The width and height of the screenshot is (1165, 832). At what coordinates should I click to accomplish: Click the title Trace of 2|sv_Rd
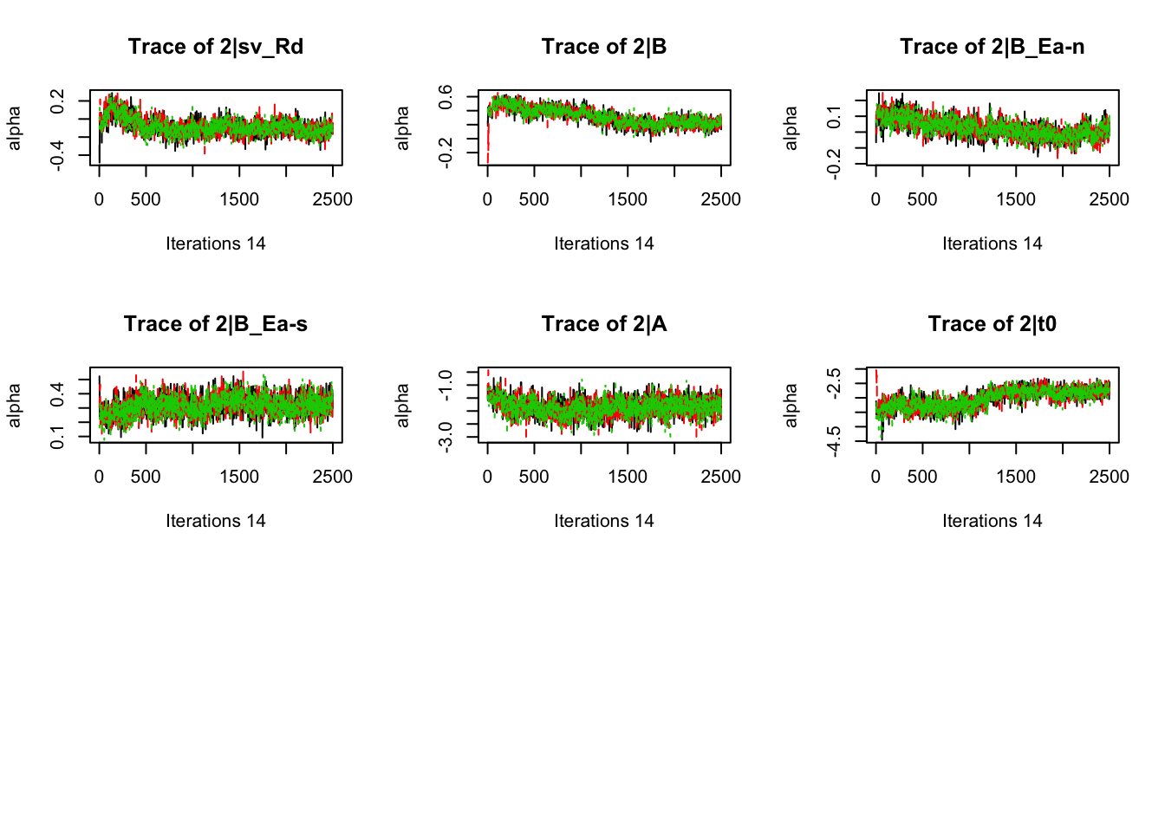pyautogui.click(x=216, y=47)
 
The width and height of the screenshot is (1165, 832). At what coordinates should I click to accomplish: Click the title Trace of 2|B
pyautogui.click(x=604, y=47)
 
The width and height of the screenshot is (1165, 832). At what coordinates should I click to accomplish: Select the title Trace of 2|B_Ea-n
pyautogui.click(x=992, y=47)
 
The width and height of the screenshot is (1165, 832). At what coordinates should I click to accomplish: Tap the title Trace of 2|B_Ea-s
pyautogui.click(x=216, y=324)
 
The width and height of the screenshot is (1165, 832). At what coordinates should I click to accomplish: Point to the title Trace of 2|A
pyautogui.click(x=604, y=324)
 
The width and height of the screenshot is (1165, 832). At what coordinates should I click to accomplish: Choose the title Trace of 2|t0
pyautogui.click(x=992, y=324)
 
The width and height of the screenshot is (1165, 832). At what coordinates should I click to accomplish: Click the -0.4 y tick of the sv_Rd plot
pyautogui.click(x=57, y=156)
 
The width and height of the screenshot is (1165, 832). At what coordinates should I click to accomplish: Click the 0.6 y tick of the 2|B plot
pyautogui.click(x=446, y=97)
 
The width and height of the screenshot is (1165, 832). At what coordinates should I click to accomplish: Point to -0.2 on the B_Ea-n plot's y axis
pyautogui.click(x=834, y=163)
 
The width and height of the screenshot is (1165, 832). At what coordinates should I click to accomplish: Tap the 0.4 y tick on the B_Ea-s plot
pyautogui.click(x=57, y=394)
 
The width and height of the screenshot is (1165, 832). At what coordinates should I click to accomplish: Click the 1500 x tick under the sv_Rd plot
pyautogui.click(x=239, y=199)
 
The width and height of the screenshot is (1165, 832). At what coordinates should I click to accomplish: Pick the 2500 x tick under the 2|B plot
pyautogui.click(x=720, y=199)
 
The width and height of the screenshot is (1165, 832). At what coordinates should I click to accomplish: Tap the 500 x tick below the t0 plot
pyautogui.click(x=922, y=477)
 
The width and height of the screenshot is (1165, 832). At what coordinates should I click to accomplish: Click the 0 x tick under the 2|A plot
pyautogui.click(x=487, y=477)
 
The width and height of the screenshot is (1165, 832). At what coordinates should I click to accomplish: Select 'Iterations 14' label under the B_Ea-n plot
pyautogui.click(x=992, y=244)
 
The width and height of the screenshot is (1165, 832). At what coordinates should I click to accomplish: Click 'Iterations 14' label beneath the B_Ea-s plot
pyautogui.click(x=216, y=521)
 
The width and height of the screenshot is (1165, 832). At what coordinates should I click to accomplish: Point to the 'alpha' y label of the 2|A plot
pyautogui.click(x=402, y=406)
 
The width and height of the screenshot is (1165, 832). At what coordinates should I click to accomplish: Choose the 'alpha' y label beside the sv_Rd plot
pyautogui.click(x=14, y=128)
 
